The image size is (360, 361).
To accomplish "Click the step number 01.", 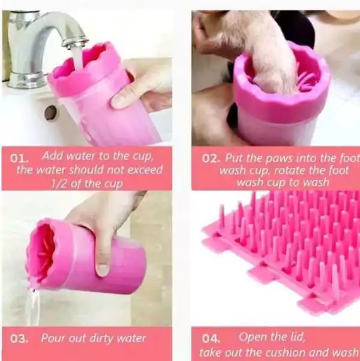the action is tap(19, 158).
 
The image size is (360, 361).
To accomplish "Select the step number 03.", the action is tap(19, 338).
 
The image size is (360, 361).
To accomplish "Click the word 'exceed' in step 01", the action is tap(145, 170).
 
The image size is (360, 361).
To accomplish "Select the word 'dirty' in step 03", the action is tap(101, 338).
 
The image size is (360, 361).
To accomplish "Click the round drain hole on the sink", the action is tap(50, 113).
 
